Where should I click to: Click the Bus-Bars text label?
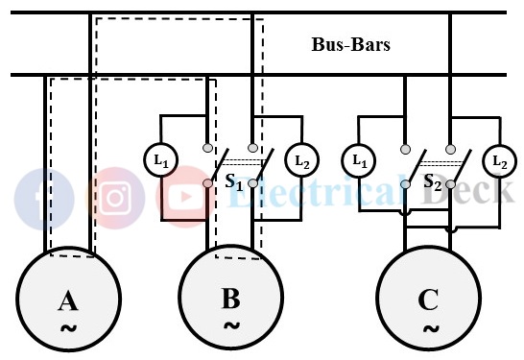tap(350, 45)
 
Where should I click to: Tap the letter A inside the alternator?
tap(67, 301)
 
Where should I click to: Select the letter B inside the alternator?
tap(230, 299)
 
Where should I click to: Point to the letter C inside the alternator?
tap(428, 301)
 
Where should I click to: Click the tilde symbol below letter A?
tap(67, 328)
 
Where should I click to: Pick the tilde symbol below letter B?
tap(231, 325)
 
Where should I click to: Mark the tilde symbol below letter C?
tap(429, 328)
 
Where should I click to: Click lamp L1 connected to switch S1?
tap(160, 160)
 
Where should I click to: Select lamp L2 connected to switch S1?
tap(302, 160)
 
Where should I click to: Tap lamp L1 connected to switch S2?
tap(359, 160)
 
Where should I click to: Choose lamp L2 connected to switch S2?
tap(499, 160)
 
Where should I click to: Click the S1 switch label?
tap(233, 181)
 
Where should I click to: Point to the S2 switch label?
tap(433, 181)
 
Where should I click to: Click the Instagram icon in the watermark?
tap(115, 198)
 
